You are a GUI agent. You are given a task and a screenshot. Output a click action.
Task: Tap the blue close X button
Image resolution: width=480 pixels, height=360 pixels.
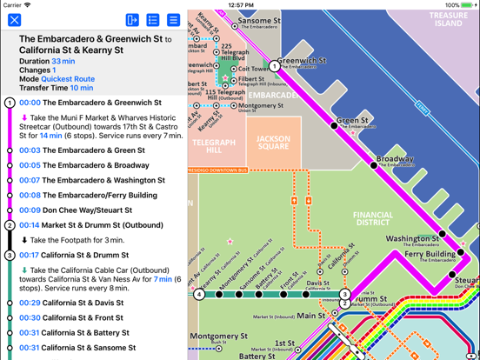[14, 19]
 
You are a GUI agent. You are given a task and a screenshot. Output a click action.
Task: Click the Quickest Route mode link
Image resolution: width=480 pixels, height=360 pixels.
[68, 79]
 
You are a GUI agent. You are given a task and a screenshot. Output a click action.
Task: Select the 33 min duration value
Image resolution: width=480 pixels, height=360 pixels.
[63, 62]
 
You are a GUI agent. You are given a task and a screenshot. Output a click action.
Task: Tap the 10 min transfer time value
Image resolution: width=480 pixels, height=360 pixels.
[82, 88]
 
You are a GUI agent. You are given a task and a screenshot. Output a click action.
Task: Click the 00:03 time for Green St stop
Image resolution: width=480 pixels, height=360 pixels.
[30, 150]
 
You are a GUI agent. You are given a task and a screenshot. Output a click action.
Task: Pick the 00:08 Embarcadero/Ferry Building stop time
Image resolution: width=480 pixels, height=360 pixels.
[30, 196]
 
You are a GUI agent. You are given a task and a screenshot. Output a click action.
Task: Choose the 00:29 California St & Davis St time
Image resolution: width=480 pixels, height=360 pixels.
[30, 303]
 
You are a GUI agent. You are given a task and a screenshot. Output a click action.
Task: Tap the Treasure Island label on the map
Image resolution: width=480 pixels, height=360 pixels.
[448, 19]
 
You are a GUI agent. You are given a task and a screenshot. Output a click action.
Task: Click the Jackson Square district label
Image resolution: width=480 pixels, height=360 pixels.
[273, 143]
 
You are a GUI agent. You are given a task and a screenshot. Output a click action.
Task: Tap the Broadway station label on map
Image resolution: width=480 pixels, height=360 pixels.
[395, 159]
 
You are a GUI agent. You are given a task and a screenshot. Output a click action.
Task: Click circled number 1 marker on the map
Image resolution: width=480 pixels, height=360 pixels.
[275, 66]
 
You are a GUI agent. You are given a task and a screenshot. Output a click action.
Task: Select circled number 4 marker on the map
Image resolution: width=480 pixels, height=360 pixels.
[199, 294]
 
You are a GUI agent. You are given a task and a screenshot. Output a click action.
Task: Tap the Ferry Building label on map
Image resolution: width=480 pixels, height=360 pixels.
[433, 254]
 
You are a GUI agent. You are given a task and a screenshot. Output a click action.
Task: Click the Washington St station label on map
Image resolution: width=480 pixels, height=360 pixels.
[411, 239]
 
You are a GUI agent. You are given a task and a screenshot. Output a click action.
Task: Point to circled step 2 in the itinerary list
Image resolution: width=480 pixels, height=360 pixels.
[10, 225]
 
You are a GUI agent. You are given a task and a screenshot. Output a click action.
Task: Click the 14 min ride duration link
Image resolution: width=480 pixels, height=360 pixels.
[50, 136]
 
